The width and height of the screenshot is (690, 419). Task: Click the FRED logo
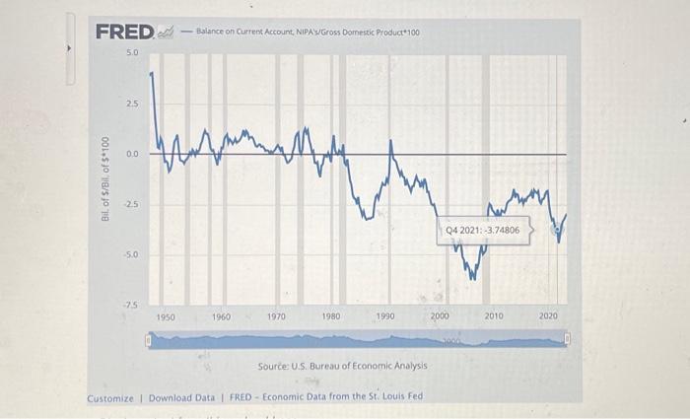125,32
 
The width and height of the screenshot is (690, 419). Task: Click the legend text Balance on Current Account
308,33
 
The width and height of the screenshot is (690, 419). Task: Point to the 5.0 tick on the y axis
132,51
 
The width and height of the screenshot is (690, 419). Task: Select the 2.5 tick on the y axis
132,103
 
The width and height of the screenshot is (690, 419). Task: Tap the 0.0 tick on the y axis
132,154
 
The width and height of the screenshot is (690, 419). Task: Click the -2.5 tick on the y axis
131,205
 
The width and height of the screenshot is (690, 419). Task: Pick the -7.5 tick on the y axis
131,306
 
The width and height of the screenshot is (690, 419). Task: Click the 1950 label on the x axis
167,316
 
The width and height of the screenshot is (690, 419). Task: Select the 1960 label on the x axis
222,316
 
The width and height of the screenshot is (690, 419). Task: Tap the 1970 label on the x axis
276,316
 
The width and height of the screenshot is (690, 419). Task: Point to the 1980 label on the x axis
331,316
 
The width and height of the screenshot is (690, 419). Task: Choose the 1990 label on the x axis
385,316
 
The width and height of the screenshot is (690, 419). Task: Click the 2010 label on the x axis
494,316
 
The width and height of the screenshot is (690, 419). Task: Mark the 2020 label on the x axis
548,316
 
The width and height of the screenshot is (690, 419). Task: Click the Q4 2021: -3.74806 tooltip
483,230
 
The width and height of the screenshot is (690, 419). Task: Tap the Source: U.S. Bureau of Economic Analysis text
342,366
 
